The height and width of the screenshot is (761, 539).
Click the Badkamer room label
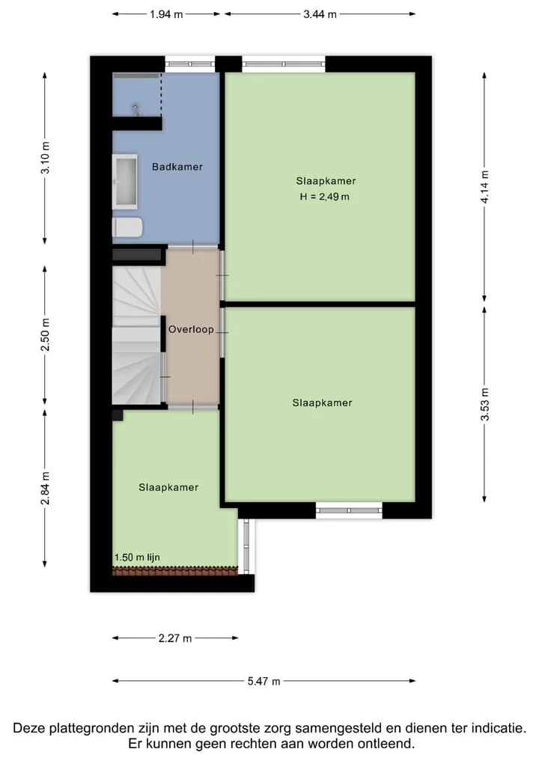[177, 167]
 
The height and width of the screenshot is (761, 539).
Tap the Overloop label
[191, 329]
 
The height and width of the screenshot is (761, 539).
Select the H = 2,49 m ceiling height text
[324, 197]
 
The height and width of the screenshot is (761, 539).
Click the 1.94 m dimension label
[166, 14]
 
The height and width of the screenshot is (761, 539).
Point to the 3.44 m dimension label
[320, 14]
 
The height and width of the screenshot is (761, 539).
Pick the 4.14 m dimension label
[484, 187]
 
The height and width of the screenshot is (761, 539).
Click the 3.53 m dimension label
[484, 404]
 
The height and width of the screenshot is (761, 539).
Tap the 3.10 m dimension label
[45, 157]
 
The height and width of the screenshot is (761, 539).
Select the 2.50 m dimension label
[45, 335]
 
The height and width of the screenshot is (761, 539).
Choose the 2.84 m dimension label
[45, 488]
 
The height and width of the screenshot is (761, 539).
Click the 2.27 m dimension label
[175, 638]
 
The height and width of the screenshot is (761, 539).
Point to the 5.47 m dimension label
[264, 682]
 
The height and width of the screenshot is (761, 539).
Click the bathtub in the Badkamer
[125, 182]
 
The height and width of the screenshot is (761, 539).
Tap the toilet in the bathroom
[127, 227]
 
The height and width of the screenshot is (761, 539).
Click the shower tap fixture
[136, 109]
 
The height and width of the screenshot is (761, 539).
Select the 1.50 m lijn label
[137, 557]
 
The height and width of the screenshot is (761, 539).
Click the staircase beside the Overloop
[136, 334]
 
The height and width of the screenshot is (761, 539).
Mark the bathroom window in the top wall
[190, 64]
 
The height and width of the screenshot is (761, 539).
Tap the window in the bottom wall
[349, 510]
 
